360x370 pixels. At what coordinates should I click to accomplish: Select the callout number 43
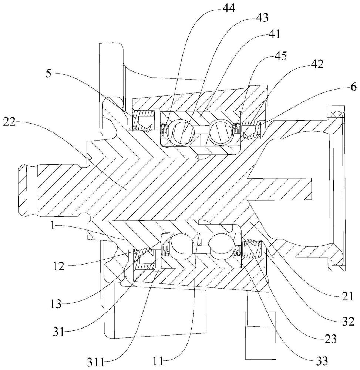(x=262, y=18)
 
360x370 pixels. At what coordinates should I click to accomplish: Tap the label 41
(x=273, y=34)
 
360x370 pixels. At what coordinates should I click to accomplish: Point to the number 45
(x=280, y=56)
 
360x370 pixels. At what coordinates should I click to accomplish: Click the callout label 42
(x=317, y=64)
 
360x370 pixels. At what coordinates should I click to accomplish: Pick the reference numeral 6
(x=353, y=88)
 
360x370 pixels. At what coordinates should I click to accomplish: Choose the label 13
(x=55, y=304)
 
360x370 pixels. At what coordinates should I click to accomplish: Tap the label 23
(x=330, y=339)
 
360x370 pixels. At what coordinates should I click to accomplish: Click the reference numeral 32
(x=348, y=321)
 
